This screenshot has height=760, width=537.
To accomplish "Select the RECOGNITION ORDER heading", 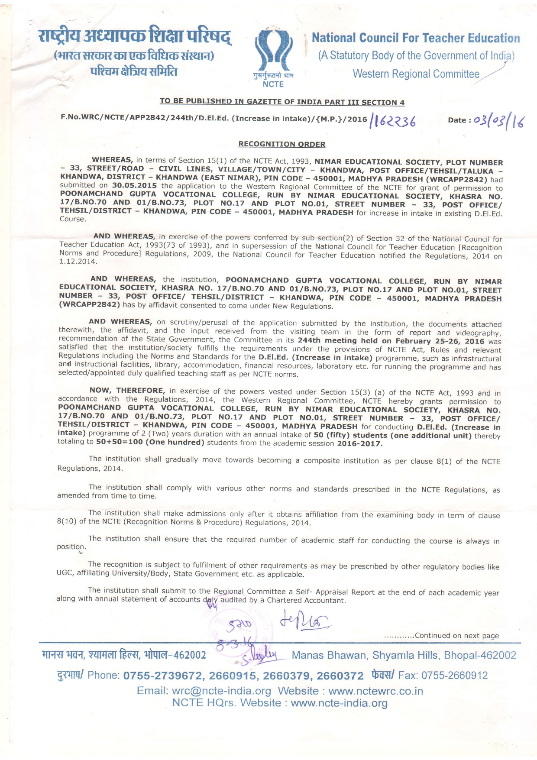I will coord(281,144).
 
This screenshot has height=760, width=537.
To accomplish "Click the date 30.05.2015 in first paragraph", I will coord(134,185).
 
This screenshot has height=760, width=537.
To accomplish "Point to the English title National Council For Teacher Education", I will coord(416,38).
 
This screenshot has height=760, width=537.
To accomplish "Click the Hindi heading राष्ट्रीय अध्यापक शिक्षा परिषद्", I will coord(135,37).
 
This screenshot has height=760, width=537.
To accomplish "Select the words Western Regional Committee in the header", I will coord(416,74).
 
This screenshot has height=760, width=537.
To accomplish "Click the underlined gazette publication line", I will coord(282,102).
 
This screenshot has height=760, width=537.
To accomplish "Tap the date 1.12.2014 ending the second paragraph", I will coord(78,262).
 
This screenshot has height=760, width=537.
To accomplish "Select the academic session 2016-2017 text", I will coord(359,443).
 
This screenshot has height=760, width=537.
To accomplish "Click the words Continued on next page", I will coord(456,636).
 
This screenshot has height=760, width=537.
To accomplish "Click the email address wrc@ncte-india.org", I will coord(221,691).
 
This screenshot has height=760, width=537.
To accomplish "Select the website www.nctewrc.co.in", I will coord(375,691).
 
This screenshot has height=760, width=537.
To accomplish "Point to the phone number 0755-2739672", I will coord(163,676).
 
